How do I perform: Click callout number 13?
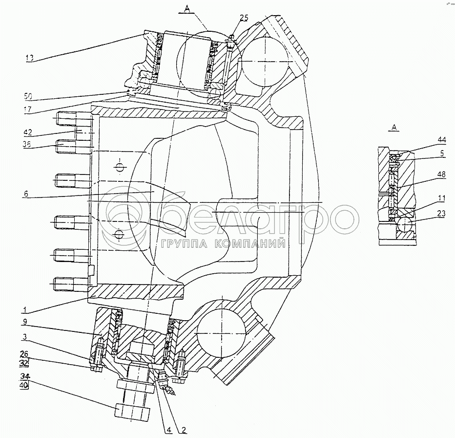coord(30,57)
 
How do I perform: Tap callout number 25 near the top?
coord(244,18)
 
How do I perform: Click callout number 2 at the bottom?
coord(183,430)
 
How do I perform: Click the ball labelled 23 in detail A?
coord(405,226)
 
